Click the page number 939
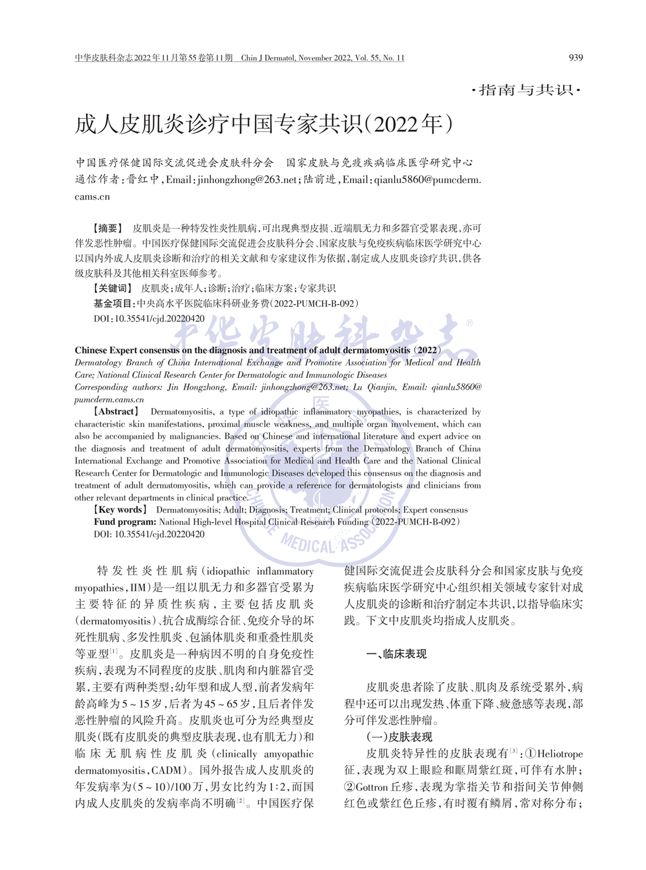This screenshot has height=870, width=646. tap(576, 58)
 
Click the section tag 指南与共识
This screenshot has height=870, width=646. tap(526, 90)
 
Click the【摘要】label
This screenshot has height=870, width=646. tap(108, 228)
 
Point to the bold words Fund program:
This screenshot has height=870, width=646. tap(125, 522)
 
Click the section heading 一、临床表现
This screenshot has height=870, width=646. tap(397, 654)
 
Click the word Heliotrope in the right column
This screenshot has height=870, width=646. tap(560, 754)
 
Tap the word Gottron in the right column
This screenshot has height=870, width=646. tap(372, 787)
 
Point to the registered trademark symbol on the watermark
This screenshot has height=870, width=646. tap(469, 323)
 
